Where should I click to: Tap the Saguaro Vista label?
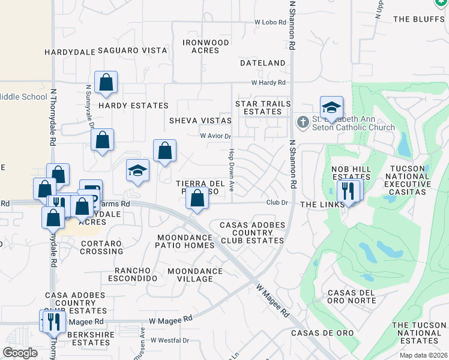coord(132,51)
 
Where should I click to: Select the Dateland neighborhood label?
coord(262,63)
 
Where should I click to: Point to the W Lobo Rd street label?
coord(270,22)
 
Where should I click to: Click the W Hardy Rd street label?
coord(268,83)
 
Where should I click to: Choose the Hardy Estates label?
coord(133,106)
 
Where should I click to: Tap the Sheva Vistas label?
coord(200,120)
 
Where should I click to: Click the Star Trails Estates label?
coord(263,108)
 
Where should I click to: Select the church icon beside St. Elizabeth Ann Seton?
coord(303,122)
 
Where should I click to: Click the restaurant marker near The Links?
coord(348,191)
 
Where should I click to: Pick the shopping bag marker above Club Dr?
coord(197,197)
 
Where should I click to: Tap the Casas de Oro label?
coord(322,333)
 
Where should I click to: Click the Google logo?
coord(20,353)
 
